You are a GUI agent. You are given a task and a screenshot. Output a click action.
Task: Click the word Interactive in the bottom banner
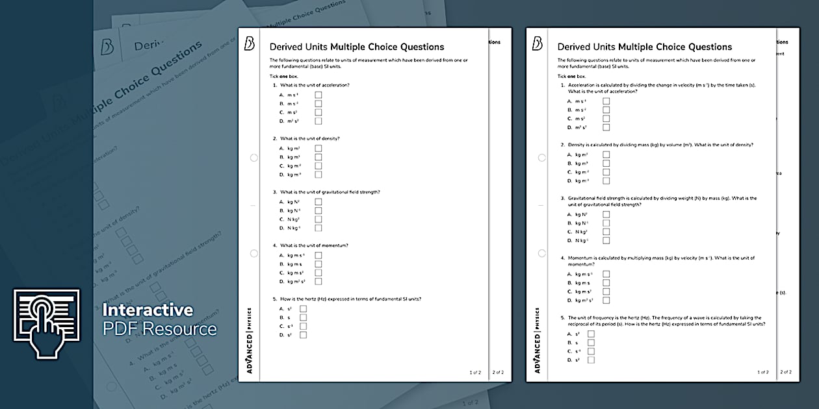click(148, 310)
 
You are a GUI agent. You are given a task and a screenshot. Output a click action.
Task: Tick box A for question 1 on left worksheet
click(318, 95)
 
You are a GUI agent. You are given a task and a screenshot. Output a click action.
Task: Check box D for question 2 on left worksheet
click(318, 175)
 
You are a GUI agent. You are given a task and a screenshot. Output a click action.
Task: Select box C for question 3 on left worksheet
click(318, 219)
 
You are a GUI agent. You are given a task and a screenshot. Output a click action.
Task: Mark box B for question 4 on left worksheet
click(318, 264)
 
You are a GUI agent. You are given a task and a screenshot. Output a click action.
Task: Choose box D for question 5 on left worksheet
click(303, 335)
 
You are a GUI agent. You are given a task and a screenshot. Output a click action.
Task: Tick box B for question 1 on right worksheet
click(606, 110)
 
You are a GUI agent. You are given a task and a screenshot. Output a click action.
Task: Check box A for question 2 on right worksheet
click(606, 155)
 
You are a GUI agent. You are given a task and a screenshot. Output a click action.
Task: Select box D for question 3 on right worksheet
click(606, 240)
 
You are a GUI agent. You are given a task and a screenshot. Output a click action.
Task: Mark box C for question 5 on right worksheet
click(591, 351)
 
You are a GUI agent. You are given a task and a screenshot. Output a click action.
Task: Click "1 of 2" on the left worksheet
click(474, 373)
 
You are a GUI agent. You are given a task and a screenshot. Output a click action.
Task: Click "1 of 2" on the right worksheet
click(763, 373)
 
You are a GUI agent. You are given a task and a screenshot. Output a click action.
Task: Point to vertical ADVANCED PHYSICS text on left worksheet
click(249, 341)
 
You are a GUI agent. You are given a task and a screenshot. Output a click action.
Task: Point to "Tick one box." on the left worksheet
click(284, 77)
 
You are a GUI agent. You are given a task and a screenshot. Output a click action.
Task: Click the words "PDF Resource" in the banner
click(160, 329)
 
